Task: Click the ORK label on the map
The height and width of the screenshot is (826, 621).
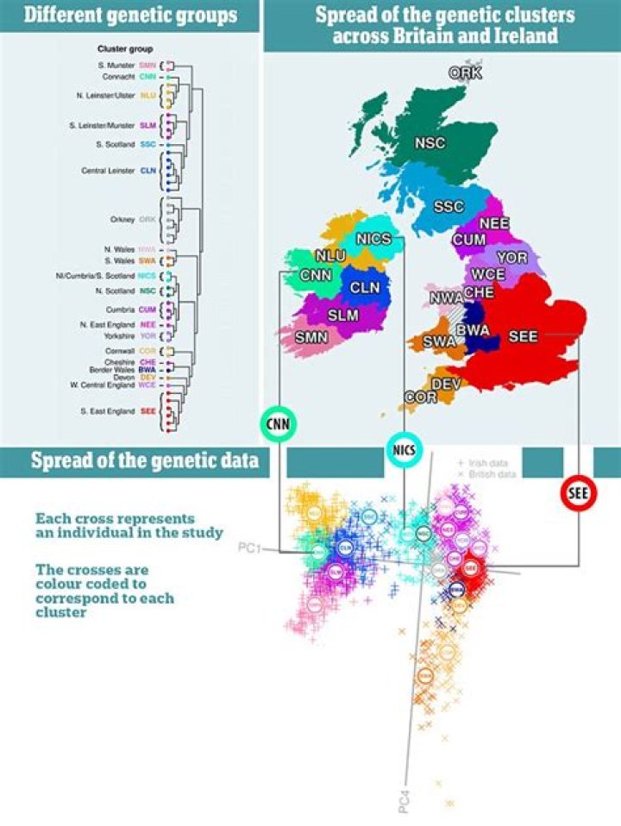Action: point(465,73)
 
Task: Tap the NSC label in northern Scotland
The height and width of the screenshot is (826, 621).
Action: point(430,143)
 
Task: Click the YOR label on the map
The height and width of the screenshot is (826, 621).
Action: point(512,258)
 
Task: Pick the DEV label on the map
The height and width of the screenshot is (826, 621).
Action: point(446,384)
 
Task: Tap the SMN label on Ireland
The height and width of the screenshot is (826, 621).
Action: point(312,336)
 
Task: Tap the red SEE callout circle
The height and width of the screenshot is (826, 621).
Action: point(578,493)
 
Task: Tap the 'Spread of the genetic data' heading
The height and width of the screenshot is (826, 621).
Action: point(144,460)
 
